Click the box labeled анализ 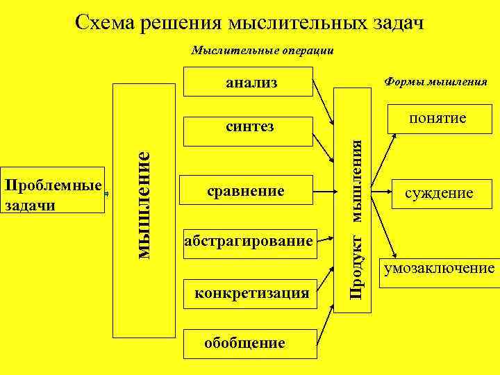(250, 83)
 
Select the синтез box (250, 126)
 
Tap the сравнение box (247, 190)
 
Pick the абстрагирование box (249, 242)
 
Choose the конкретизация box (251, 294)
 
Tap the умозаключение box (440, 268)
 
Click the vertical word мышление (142, 205)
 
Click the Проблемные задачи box (53, 195)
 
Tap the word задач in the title (397, 23)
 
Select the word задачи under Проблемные (28, 206)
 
